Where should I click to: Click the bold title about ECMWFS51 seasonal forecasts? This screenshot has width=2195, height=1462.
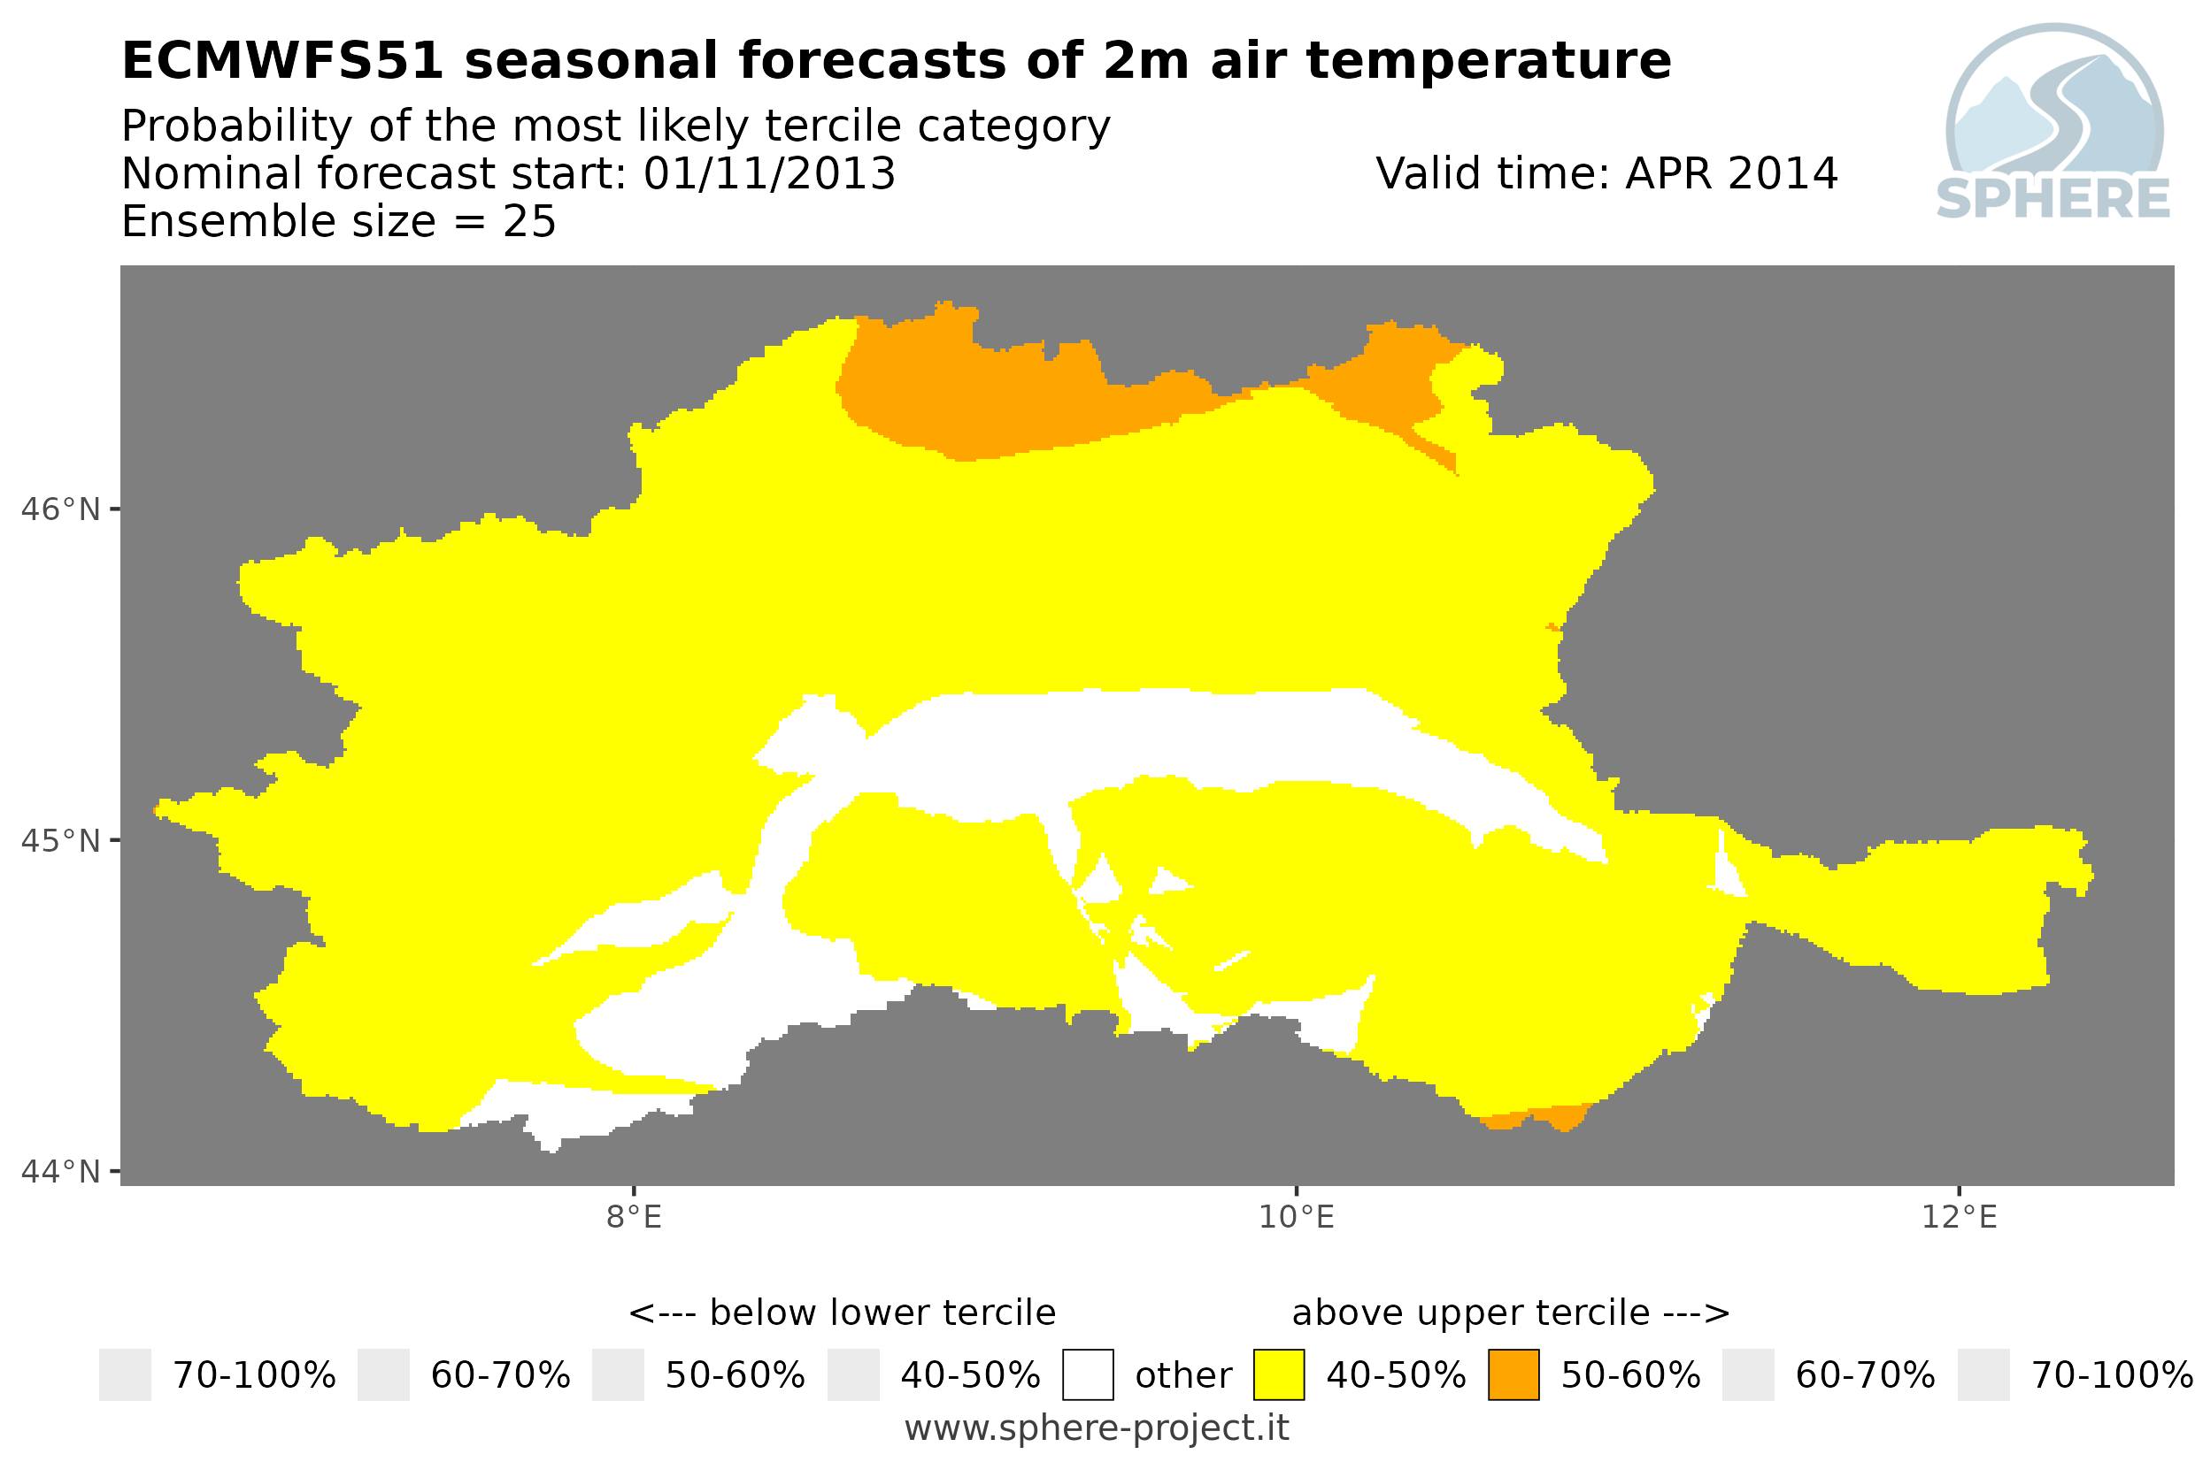896,62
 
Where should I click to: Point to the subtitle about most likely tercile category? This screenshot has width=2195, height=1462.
616,126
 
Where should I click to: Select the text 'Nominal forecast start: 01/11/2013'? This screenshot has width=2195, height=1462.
508,174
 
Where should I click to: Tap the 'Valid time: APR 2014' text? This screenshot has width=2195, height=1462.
1606,174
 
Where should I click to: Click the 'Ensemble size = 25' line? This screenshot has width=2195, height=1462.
339,222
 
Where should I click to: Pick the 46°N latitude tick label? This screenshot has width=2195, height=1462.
61,510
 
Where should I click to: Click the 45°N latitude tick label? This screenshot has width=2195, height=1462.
61,841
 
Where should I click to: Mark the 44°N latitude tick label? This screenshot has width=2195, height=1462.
61,1171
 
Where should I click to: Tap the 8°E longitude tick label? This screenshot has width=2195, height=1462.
635,1218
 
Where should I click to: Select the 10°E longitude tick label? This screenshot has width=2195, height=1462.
1297,1218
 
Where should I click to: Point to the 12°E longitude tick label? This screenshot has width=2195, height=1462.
1959,1218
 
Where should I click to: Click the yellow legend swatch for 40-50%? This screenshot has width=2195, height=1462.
1278,1374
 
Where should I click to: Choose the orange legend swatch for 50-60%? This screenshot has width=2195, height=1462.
1513,1374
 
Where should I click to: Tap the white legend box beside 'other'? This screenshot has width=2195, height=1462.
1088,1374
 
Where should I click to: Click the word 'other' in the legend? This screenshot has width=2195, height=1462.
1182,1375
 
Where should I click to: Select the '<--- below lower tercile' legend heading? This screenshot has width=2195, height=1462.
843,1313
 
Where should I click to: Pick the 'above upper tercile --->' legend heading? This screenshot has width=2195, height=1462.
1510,1313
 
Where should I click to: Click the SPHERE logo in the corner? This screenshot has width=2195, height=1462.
2054,123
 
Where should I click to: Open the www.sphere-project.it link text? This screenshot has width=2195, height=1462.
1097,1428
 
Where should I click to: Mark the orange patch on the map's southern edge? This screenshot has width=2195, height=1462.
1535,1116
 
